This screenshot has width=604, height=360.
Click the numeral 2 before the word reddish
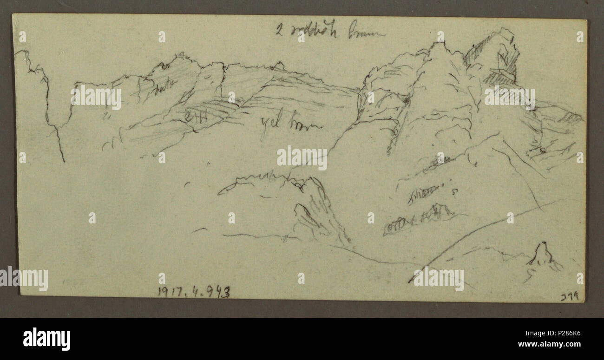(278, 32)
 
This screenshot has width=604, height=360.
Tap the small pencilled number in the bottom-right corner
(570, 296)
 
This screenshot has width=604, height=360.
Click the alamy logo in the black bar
(46, 339)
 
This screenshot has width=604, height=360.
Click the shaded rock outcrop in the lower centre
(316, 209)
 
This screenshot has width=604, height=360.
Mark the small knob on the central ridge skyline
(279, 65)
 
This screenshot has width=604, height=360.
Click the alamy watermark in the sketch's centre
(302, 158)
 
